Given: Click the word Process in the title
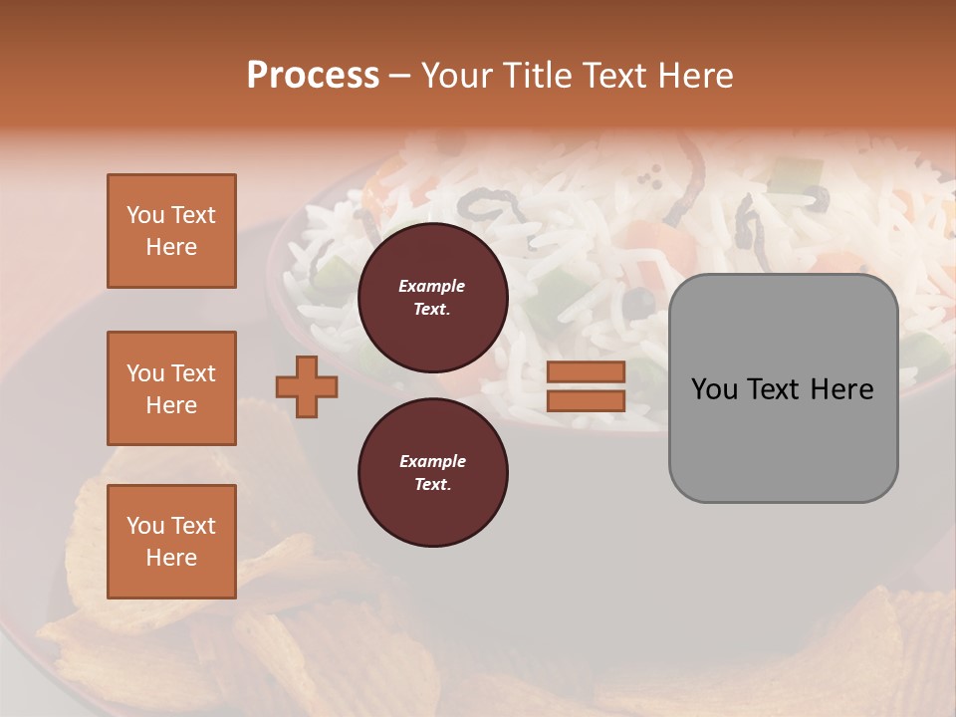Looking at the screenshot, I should point(313,76).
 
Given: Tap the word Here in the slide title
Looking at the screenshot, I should point(694,76).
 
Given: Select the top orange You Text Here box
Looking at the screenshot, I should point(171,231).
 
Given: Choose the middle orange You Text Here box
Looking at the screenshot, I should point(171,388).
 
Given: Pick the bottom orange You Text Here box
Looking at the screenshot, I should point(171,542).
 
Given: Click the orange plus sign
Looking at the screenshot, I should point(307,387).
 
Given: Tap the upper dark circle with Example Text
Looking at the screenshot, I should point(432,298).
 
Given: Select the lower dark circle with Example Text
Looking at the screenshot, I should point(432,473).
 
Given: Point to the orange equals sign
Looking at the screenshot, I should point(586,386).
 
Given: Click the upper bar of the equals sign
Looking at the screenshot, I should point(586,372).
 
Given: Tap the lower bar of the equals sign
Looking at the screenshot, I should point(586,400).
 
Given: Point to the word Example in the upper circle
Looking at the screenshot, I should point(432,287).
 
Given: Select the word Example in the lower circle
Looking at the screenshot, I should point(432,462).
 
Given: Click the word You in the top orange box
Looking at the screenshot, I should point(144,215).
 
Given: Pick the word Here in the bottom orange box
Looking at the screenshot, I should point(171,558).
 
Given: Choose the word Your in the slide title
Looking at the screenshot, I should point(457,76).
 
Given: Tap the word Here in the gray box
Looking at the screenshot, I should point(843,389).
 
